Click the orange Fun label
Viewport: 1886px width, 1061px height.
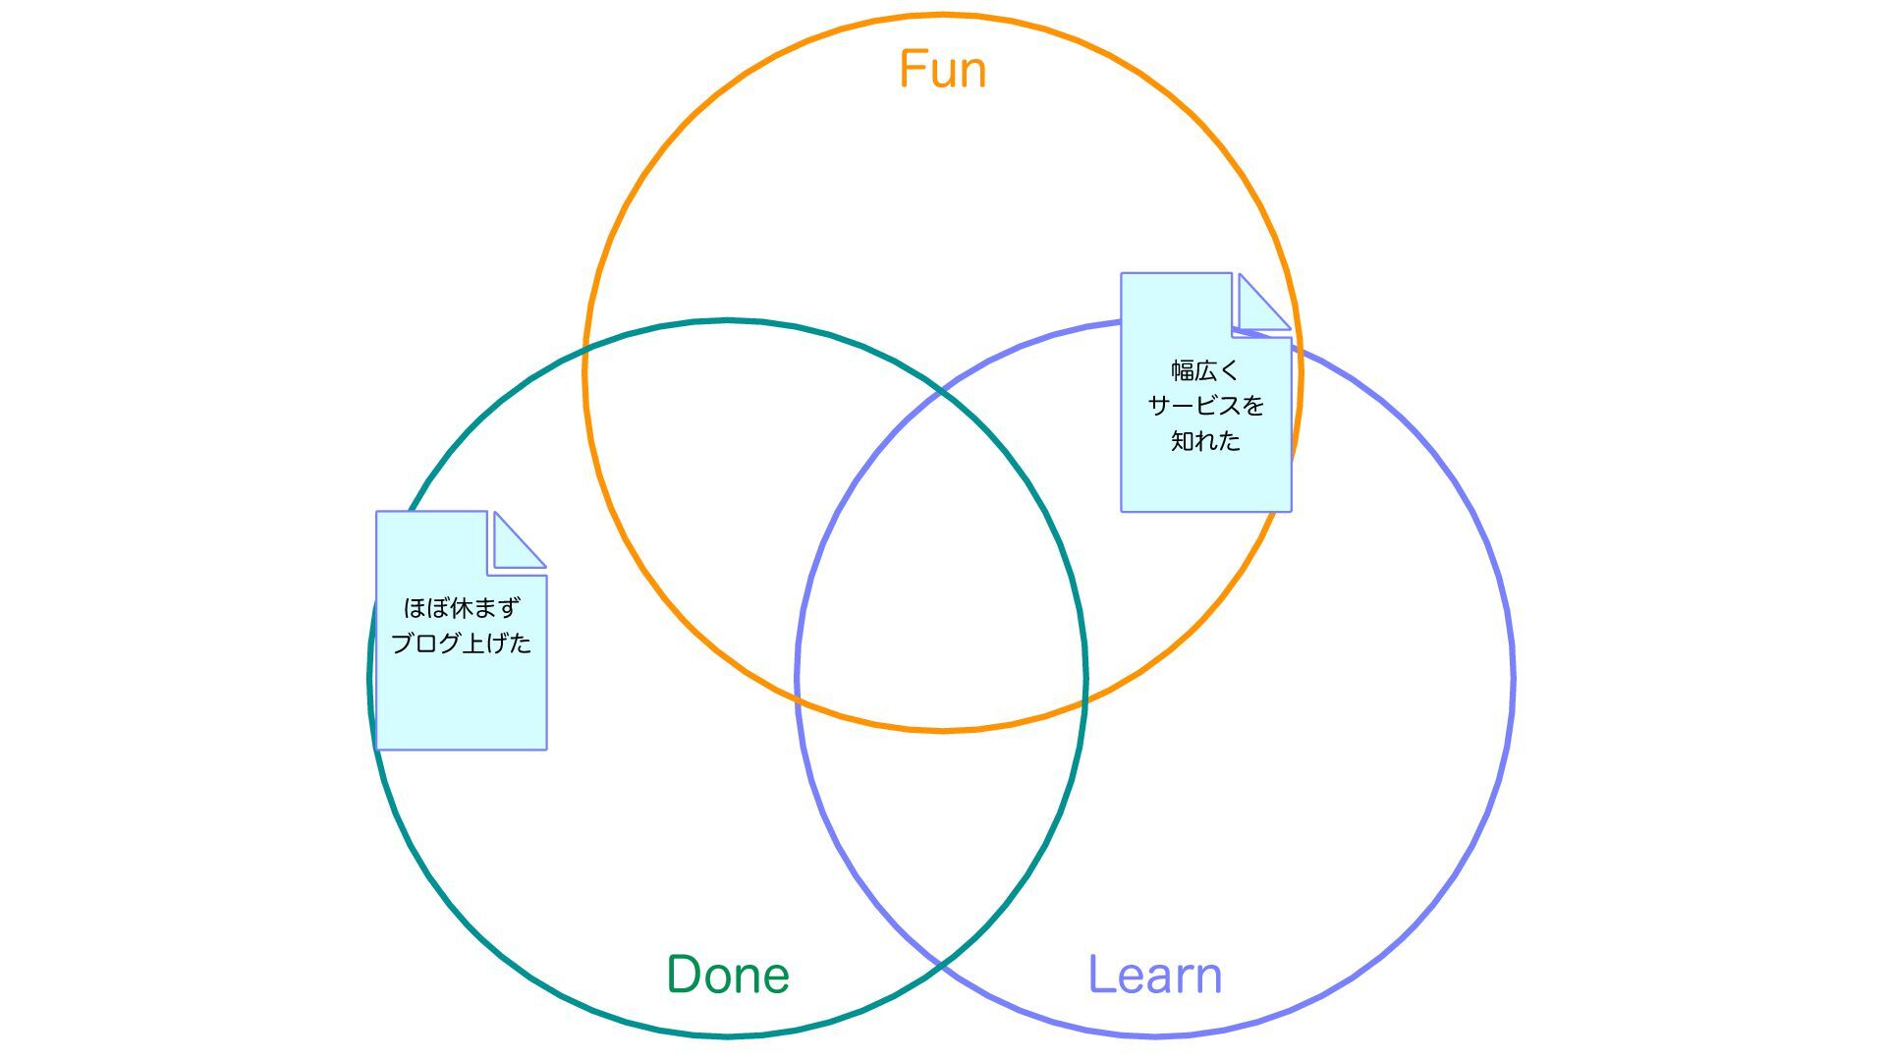tap(942, 70)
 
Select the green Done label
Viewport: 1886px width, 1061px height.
tap(728, 975)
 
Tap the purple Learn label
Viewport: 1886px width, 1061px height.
tap(1155, 975)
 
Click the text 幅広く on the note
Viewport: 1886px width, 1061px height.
tap(1205, 371)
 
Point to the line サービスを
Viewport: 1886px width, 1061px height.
tap(1205, 406)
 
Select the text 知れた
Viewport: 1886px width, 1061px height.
tap(1205, 441)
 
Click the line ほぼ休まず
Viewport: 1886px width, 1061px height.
tap(461, 608)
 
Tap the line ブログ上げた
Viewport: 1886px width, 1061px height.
tap(461, 643)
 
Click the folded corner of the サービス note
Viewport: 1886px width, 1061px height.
tap(1261, 303)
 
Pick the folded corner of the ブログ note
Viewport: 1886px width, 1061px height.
tap(517, 540)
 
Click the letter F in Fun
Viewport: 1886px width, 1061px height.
tap(912, 70)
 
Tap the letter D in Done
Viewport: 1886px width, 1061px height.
tap(684, 975)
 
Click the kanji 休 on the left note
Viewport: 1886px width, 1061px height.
tap(461, 608)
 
